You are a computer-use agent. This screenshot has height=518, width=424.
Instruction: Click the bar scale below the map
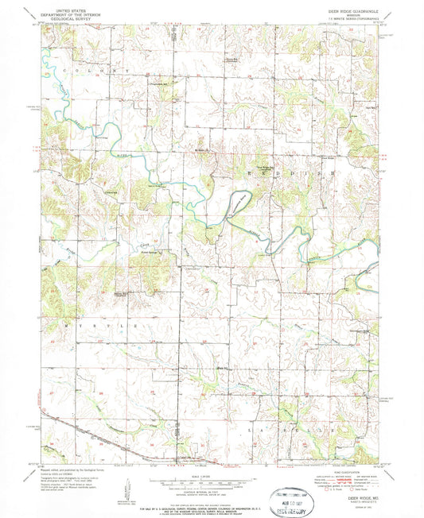click(x=211, y=474)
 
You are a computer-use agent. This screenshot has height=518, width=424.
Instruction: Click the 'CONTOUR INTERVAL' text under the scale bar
click(x=211, y=483)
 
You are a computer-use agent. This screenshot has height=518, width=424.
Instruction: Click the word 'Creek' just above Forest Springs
click(x=144, y=242)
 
